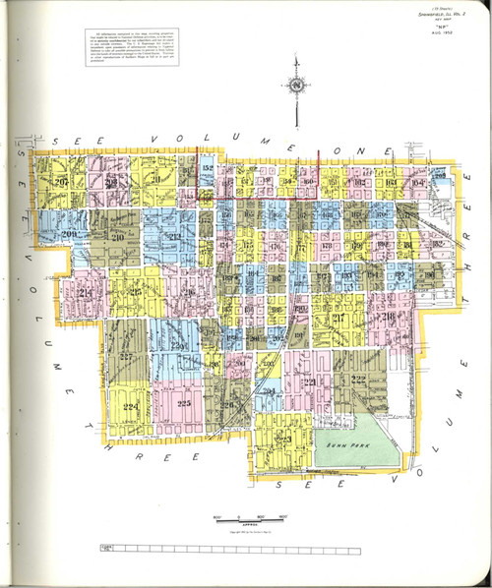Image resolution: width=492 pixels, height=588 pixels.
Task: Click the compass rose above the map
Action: click(x=295, y=86)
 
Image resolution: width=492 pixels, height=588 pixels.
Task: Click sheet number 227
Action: click(x=126, y=356)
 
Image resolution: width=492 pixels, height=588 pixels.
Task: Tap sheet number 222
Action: click(x=358, y=381)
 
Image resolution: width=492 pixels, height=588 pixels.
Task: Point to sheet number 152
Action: click(x=207, y=170)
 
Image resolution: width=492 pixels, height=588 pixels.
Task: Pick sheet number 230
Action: click(x=180, y=345)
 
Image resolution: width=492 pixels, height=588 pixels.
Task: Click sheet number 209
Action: click(x=69, y=235)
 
